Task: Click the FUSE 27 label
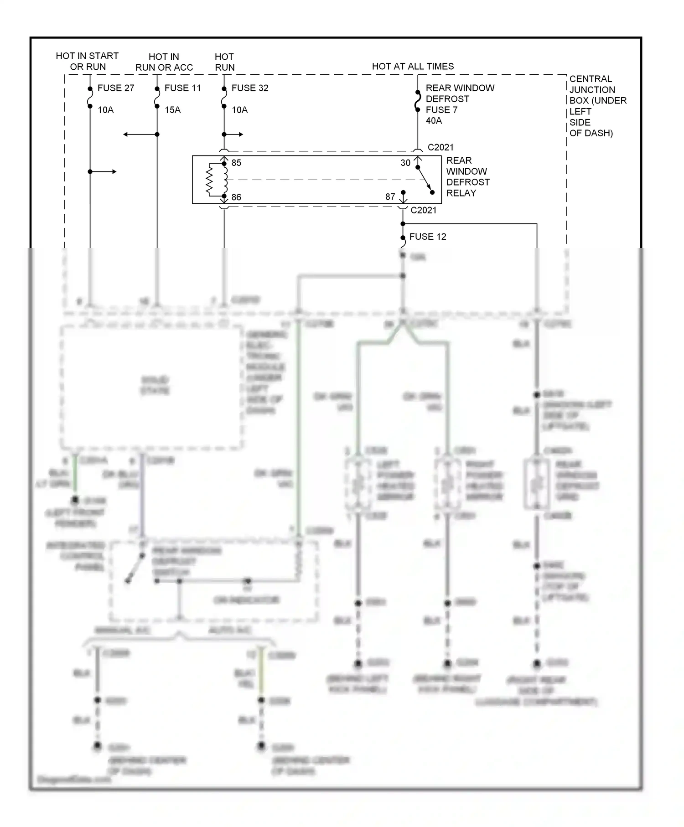click(116, 88)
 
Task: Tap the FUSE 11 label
click(182, 88)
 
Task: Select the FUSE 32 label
click(250, 88)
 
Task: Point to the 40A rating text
click(434, 121)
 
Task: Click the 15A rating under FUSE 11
click(172, 110)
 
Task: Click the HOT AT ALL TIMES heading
click(413, 66)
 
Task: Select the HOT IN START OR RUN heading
click(87, 61)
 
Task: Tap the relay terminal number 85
click(236, 163)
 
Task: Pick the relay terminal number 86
click(236, 197)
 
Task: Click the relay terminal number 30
click(405, 163)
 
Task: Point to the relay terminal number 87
click(390, 196)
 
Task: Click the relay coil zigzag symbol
click(210, 180)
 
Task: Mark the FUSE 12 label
click(428, 237)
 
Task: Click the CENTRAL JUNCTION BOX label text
click(597, 106)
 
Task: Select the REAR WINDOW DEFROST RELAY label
click(467, 177)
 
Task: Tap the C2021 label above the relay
click(440, 147)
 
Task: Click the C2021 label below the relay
click(423, 210)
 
